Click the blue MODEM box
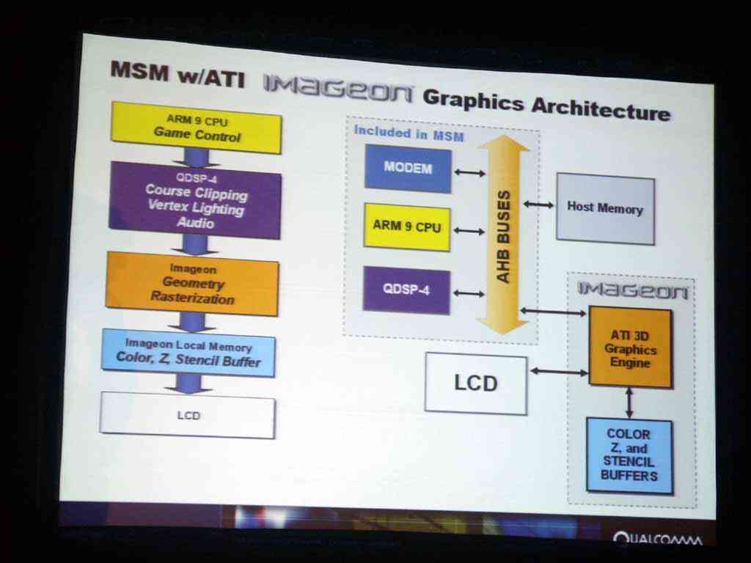coord(408,169)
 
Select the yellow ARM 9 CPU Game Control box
coord(197,128)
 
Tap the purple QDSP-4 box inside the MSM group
coord(406,290)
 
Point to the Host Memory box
coord(605,209)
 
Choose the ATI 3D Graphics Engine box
coord(630,347)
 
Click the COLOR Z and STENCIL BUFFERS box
coord(629,455)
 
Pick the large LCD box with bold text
coord(476,383)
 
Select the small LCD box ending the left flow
coord(188,415)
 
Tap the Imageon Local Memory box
coord(188,353)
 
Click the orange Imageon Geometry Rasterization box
coord(193,284)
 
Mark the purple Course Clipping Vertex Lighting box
coord(195,200)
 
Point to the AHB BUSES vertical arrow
coord(503,235)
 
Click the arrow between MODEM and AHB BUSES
coord(470,172)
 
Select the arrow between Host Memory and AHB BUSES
coord(538,205)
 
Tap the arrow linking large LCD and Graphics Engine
coord(559,372)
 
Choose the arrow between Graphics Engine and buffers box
coord(629,402)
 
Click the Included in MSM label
coord(409,133)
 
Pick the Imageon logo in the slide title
coord(337,89)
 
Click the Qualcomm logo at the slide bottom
coord(658,539)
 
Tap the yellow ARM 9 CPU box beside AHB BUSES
coord(407,227)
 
